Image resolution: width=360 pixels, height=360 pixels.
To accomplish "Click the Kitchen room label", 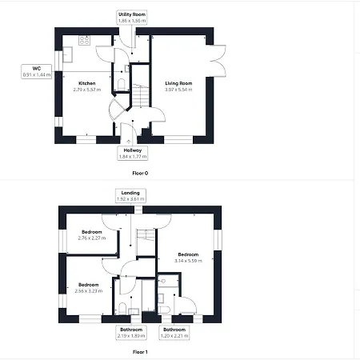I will pyautogui.click(x=87, y=83).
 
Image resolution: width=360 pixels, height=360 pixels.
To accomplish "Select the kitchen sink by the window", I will pyautogui.click(x=68, y=54).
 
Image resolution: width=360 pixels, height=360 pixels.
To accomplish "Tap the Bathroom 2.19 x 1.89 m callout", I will pyautogui.click(x=131, y=333).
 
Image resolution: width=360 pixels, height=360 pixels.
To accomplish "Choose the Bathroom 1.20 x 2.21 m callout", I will pyautogui.click(x=174, y=333).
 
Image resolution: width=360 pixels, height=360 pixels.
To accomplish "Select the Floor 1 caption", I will pyautogui.click(x=140, y=352).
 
